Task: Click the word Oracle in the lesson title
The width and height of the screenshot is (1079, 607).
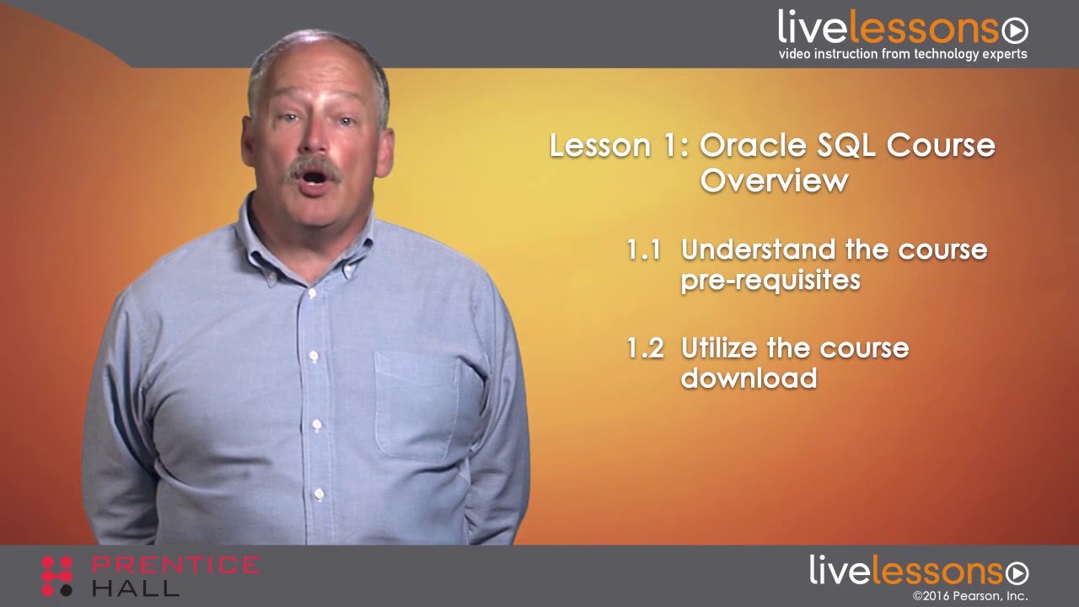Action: pos(752,146)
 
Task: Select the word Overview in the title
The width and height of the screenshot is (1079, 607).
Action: pos(774,180)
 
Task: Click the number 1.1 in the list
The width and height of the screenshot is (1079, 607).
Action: pos(644,250)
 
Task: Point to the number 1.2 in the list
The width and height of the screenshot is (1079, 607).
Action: pos(645,348)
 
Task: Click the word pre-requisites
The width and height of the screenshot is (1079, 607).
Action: pos(770,280)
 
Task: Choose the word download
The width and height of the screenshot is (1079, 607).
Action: pos(749,378)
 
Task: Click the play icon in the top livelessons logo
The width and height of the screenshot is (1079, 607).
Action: pos(1015,31)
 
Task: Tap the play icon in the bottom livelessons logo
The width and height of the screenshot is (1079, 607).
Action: pos(1017,573)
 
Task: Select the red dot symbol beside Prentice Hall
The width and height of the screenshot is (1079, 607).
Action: pos(57,576)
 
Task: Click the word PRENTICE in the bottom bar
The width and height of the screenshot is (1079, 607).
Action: pos(175,566)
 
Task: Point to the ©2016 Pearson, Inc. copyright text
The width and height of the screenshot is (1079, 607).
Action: pos(969,596)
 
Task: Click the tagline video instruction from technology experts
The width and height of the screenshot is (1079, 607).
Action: pos(902,54)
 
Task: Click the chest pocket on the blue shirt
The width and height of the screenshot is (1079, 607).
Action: pos(417,405)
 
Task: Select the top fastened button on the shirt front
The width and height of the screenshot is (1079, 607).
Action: pos(312,293)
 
